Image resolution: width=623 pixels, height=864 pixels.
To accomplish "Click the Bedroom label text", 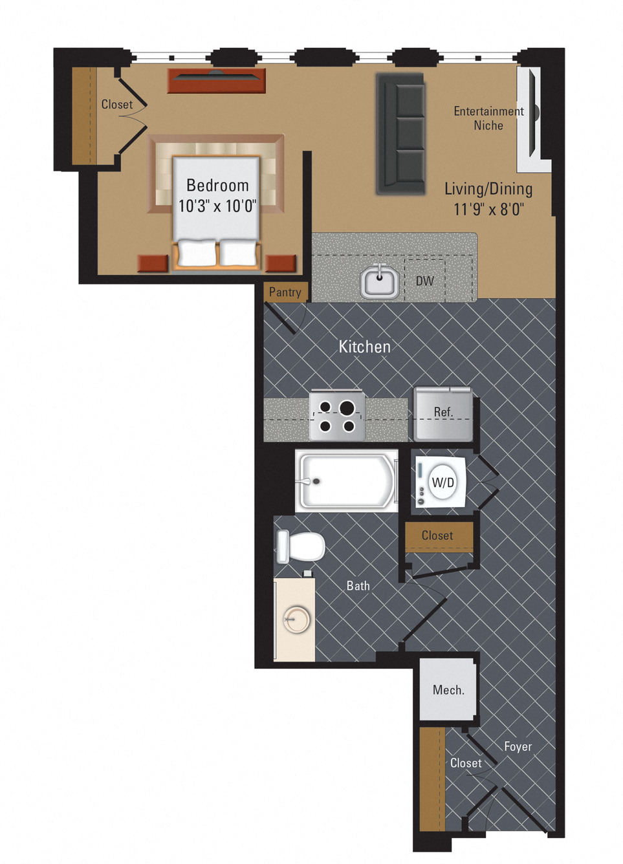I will click(217, 186).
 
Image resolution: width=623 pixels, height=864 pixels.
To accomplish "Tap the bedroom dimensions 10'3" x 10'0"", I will click(217, 206).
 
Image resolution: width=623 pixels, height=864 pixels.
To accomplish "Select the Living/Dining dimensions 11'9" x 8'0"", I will click(488, 210).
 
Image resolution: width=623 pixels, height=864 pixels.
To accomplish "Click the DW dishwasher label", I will click(424, 281).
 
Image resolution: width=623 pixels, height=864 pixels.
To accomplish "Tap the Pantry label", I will click(285, 292).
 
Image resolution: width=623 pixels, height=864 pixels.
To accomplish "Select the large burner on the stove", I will click(347, 407).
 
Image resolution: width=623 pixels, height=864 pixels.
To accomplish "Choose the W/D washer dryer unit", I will click(443, 482).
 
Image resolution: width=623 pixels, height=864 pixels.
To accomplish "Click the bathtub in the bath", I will click(346, 482).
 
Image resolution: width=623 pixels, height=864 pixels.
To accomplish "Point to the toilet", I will click(301, 546).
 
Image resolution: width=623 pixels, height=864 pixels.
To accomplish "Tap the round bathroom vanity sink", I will click(296, 620).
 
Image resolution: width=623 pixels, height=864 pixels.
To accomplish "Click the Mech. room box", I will click(448, 690).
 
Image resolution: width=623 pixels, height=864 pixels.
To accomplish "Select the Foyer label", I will click(518, 746).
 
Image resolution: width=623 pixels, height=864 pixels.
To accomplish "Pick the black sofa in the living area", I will click(401, 133).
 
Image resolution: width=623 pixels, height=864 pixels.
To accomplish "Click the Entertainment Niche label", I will click(488, 118).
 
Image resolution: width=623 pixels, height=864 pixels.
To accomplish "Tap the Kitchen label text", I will click(365, 347).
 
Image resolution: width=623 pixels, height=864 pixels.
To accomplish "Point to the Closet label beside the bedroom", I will click(117, 104).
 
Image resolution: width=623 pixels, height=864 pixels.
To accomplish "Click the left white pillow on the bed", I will click(197, 253).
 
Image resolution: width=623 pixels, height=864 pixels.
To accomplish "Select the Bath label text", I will click(358, 586).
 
